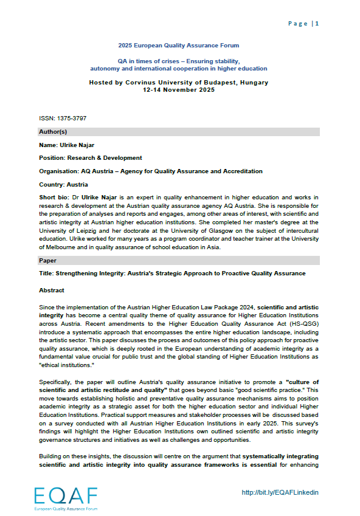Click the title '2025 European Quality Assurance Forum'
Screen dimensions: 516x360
point(179,46)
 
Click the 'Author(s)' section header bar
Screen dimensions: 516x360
point(179,131)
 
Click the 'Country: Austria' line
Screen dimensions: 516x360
point(63,184)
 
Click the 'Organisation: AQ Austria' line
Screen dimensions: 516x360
point(150,171)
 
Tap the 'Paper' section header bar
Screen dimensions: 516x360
point(179,260)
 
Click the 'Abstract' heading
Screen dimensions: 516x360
point(52,291)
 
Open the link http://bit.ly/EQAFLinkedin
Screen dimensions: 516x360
point(280,492)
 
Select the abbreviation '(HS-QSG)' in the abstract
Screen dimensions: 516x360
point(303,325)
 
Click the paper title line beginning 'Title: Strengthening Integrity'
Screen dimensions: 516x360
point(171,273)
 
